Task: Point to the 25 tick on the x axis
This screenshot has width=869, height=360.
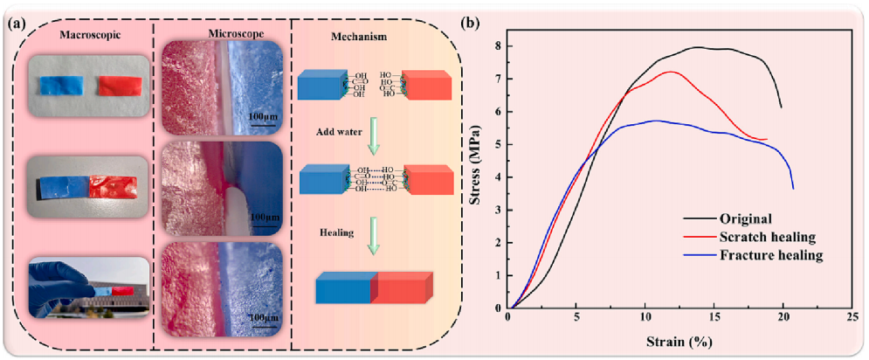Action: pos(850,318)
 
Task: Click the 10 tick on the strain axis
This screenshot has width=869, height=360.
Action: pos(645,318)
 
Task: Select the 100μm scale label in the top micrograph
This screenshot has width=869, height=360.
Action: pos(262,117)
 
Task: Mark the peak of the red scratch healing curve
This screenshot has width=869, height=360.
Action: pos(671,72)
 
